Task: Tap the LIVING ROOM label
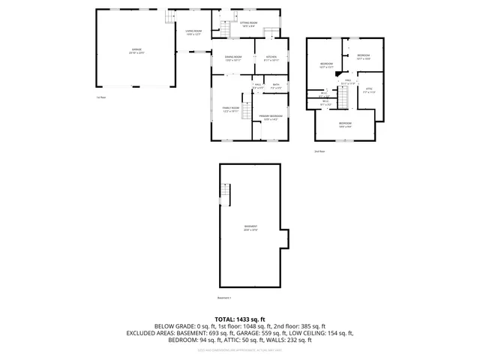click(x=194, y=32)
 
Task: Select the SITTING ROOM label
click(x=248, y=24)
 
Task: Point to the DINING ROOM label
click(x=233, y=58)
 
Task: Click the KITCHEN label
click(x=271, y=58)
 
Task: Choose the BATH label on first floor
click(x=276, y=86)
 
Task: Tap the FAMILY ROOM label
click(x=230, y=109)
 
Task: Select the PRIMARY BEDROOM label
click(x=271, y=117)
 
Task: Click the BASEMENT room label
click(x=250, y=228)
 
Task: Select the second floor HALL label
click(x=348, y=82)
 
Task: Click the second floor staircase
click(x=344, y=97)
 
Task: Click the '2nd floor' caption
click(x=319, y=151)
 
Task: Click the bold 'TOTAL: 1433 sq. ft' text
click(x=240, y=319)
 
